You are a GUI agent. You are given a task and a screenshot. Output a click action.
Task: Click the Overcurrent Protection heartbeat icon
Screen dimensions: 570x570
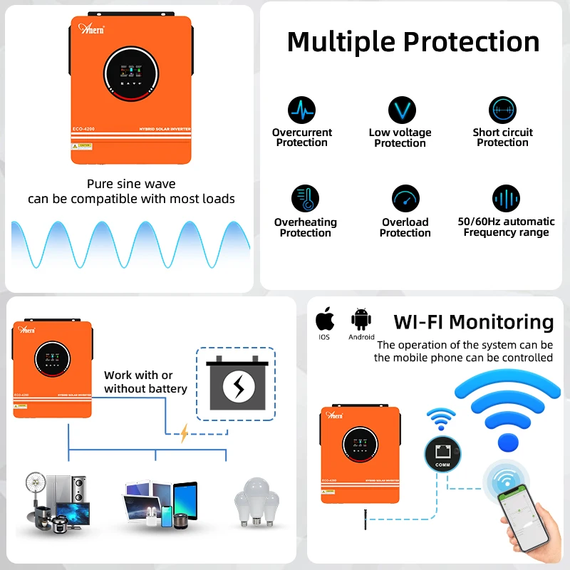point(301,111)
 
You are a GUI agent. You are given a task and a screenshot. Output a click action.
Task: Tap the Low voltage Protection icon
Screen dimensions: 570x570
point(401,110)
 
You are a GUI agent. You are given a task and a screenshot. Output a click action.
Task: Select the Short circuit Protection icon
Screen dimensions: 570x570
point(502,110)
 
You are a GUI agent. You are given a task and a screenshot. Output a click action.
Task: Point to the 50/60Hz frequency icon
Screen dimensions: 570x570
point(506,199)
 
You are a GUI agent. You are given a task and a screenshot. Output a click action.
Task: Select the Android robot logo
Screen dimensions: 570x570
point(361,318)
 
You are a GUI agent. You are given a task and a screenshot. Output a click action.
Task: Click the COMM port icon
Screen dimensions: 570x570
point(442,452)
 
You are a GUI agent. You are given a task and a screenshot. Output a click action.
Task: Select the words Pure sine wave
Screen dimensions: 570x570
point(131,184)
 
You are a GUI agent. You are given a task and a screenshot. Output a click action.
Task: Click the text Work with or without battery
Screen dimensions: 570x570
point(145,382)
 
